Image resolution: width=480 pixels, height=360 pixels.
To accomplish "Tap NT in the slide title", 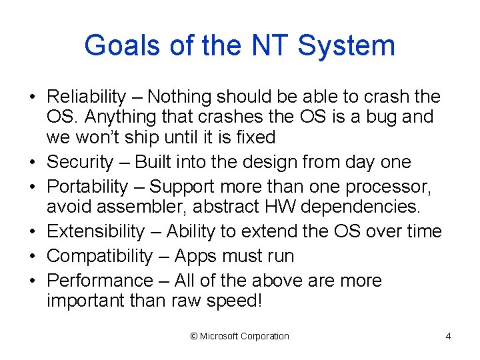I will [269, 46].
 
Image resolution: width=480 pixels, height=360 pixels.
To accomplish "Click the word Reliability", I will [87, 97].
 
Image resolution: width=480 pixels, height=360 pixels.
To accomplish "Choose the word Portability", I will [87, 187].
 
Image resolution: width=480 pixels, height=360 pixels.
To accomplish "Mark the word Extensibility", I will [95, 231].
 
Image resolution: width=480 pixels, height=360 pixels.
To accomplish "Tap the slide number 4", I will [448, 336].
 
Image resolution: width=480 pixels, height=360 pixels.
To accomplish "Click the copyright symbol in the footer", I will [194, 336].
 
